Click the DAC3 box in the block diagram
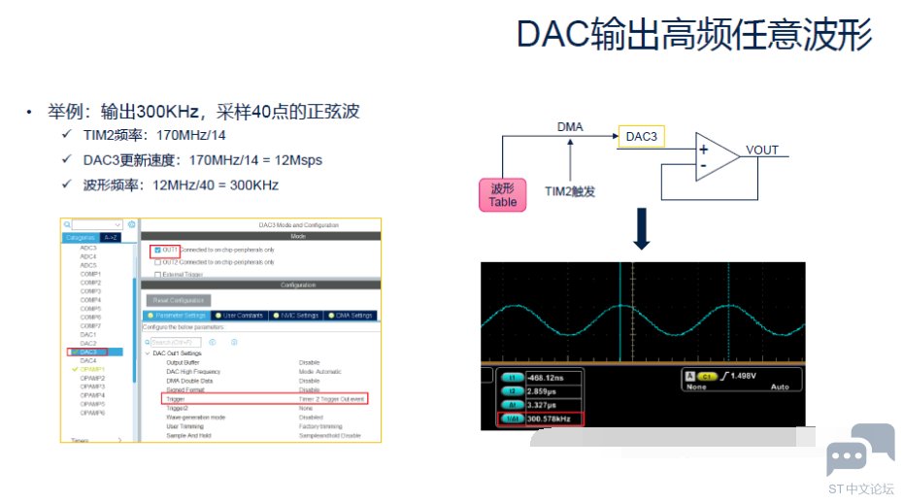(641, 137)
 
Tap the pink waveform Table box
(503, 194)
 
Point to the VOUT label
(762, 151)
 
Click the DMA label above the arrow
(570, 127)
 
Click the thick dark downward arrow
(641, 229)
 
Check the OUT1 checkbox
(157, 250)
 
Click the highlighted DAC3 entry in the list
(89, 352)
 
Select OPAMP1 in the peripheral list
(92, 369)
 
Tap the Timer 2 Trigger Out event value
(331, 399)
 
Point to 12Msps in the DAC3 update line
(297, 160)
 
